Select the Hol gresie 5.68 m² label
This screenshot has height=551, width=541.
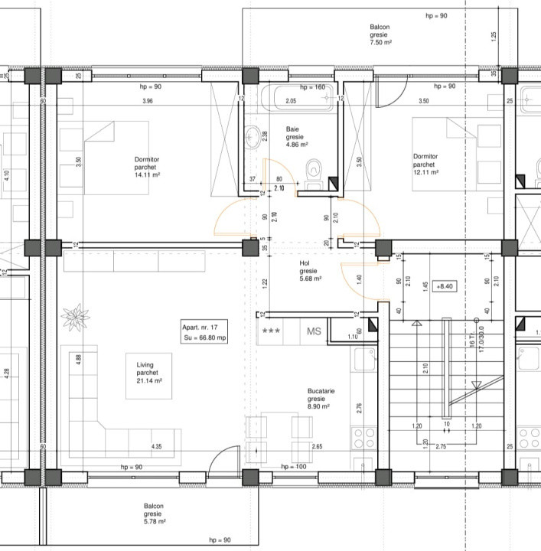(309, 270)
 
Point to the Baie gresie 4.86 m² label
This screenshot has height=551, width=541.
(296, 136)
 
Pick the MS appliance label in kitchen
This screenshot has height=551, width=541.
(314, 331)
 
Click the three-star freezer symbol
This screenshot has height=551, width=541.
(271, 331)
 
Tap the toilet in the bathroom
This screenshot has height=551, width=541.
(312, 173)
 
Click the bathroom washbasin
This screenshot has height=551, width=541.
(253, 139)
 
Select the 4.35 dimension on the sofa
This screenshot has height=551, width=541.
(156, 446)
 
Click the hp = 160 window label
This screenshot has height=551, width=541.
(312, 88)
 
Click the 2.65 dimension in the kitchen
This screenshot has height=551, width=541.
(317, 446)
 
